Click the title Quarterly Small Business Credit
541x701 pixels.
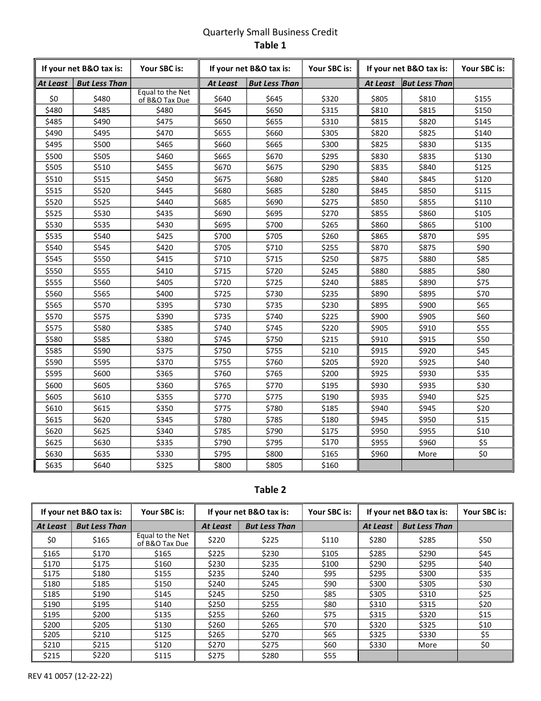coord(270,32)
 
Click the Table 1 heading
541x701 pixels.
coord(270,45)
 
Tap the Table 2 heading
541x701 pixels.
coord(270,490)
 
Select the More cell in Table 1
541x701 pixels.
coord(427,454)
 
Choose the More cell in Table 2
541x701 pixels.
coord(427,645)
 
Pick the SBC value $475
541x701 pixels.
coord(164,121)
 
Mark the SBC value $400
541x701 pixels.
coord(164,294)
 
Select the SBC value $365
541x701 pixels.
coord(164,374)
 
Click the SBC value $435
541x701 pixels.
coord(164,213)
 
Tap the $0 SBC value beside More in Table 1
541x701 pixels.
coord(483,454)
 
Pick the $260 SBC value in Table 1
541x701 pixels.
coord(330,236)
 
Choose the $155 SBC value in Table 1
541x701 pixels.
coord(483,99)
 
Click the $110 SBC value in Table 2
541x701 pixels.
coord(330,540)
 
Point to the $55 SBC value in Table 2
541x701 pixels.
coord(330,655)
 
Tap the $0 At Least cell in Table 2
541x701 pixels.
coord(52,540)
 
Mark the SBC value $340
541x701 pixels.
coord(164,431)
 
